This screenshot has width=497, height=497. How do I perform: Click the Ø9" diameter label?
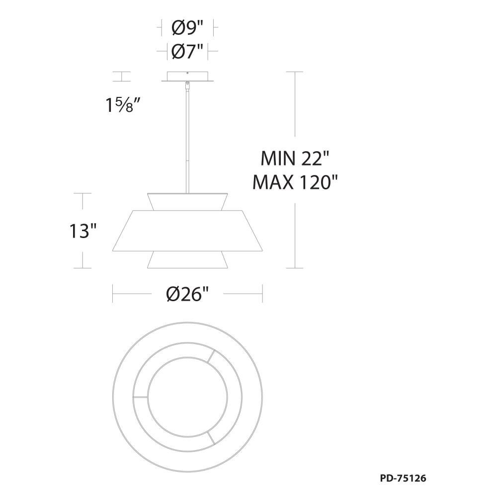click(187, 28)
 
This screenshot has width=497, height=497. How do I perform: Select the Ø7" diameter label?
click(187, 51)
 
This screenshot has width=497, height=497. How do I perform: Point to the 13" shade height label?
click(83, 231)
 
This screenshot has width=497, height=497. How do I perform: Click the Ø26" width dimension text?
click(188, 294)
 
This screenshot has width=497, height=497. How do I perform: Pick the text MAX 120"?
click(295, 182)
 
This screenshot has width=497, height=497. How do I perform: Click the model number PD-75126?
click(403, 478)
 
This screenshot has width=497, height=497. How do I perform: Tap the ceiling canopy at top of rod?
click(188, 77)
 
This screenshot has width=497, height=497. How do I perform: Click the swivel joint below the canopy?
click(188, 85)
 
